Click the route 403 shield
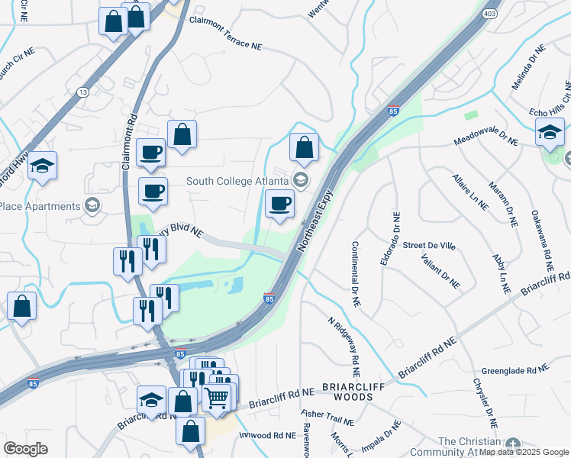pos(489,14)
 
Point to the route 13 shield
pos(82,92)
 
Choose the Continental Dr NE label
pos(355,274)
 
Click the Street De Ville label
pos(429,245)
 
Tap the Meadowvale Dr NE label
pos(486,141)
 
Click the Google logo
pos(25,448)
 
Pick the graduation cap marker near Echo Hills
pos(550,133)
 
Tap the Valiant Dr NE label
pos(440,272)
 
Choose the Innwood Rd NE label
pos(267,435)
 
